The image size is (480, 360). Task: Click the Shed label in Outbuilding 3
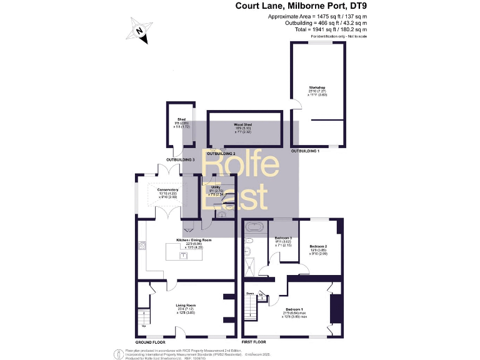tap(182, 119)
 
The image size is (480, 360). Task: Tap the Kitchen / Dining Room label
tap(193, 240)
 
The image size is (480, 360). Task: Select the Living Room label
tap(186, 306)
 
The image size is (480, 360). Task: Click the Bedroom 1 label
tap(294, 309)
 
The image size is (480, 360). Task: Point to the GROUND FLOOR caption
tap(151, 342)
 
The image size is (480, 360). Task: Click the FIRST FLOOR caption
tap(254, 342)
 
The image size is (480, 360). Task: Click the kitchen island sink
tap(184, 254)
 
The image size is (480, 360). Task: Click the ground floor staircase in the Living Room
tap(144, 318)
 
